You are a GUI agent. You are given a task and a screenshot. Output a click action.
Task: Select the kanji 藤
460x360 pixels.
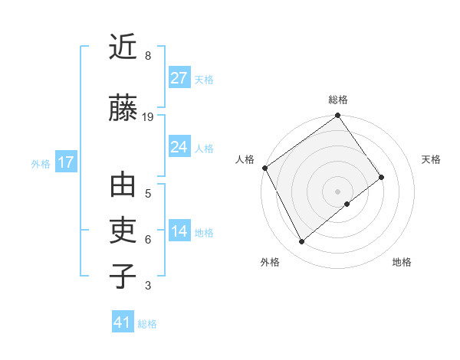[x=123, y=107]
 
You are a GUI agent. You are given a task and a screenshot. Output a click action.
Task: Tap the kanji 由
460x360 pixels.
[x=123, y=186]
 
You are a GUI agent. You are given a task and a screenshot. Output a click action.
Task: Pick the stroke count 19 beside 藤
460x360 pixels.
[x=148, y=117]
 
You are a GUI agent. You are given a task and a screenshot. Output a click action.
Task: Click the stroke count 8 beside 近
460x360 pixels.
[x=147, y=56]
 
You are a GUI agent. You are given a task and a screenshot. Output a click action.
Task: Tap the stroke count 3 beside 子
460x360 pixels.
[x=147, y=286]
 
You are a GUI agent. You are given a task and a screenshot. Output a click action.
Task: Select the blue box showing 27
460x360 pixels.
[x=179, y=77]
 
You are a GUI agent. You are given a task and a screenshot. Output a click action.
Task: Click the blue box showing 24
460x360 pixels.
[x=179, y=147]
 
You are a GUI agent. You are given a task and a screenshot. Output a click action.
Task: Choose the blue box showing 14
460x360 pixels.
[x=179, y=232]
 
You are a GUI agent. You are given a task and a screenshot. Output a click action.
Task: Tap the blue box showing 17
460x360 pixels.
[x=65, y=162]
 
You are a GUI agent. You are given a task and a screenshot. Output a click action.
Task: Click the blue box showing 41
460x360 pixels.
[x=123, y=322]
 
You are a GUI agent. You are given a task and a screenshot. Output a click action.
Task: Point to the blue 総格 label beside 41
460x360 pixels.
[x=147, y=324]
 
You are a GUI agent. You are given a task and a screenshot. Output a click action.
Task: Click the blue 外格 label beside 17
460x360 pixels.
[x=40, y=163]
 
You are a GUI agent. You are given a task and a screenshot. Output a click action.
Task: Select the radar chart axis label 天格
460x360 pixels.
[x=431, y=159]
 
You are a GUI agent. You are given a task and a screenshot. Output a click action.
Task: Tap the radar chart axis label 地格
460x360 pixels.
[x=402, y=262]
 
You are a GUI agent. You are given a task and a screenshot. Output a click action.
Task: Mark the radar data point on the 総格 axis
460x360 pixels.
[x=337, y=116]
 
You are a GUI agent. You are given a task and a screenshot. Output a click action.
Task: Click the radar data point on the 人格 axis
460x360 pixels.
[x=264, y=168]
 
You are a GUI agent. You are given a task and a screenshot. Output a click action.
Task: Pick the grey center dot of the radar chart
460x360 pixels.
[x=337, y=191]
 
